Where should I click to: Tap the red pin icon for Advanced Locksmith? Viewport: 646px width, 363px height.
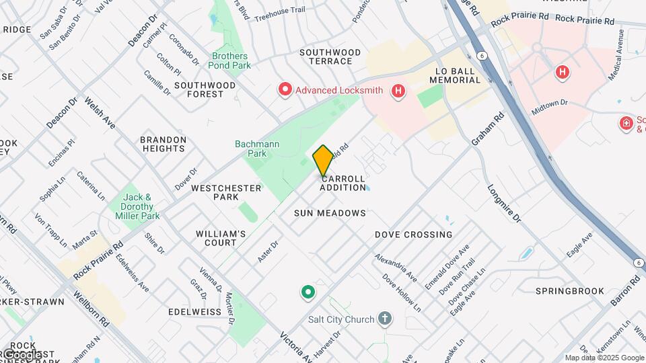[x=285, y=89]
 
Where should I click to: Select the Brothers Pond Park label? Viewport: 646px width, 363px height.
[x=231, y=61]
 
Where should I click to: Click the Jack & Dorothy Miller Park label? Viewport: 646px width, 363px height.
[x=140, y=207]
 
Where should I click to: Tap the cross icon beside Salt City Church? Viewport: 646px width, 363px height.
[x=384, y=319]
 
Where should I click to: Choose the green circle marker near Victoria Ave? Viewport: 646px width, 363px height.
[x=308, y=292]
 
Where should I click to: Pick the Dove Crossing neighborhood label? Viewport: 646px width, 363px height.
[x=413, y=235]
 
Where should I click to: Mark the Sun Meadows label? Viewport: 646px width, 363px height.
[x=330, y=213]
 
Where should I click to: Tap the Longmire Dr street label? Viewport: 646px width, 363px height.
[x=504, y=203]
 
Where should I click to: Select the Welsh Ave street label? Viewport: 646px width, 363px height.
[x=100, y=115]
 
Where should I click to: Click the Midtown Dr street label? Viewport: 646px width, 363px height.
[x=549, y=105]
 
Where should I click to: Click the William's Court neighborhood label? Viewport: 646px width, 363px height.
[x=221, y=238]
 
